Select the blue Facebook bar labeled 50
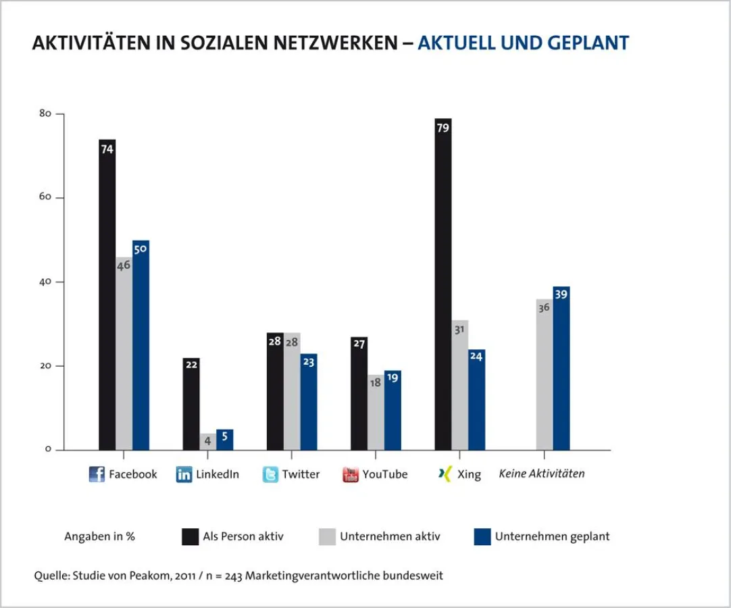tap(141, 345)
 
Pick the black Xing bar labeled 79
tap(443, 284)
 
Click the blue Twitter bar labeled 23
tap(309, 402)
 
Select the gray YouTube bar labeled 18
tap(376, 412)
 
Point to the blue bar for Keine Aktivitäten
tap(561, 368)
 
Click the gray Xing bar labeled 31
tap(459, 385)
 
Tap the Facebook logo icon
tap(97, 474)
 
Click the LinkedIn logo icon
tap(184, 474)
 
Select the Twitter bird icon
tap(270, 474)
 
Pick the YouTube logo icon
tap(350, 474)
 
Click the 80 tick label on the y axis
tap(45, 114)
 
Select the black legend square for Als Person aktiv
tap(190, 536)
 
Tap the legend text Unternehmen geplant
tap(552, 536)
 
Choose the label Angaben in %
tap(99, 536)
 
